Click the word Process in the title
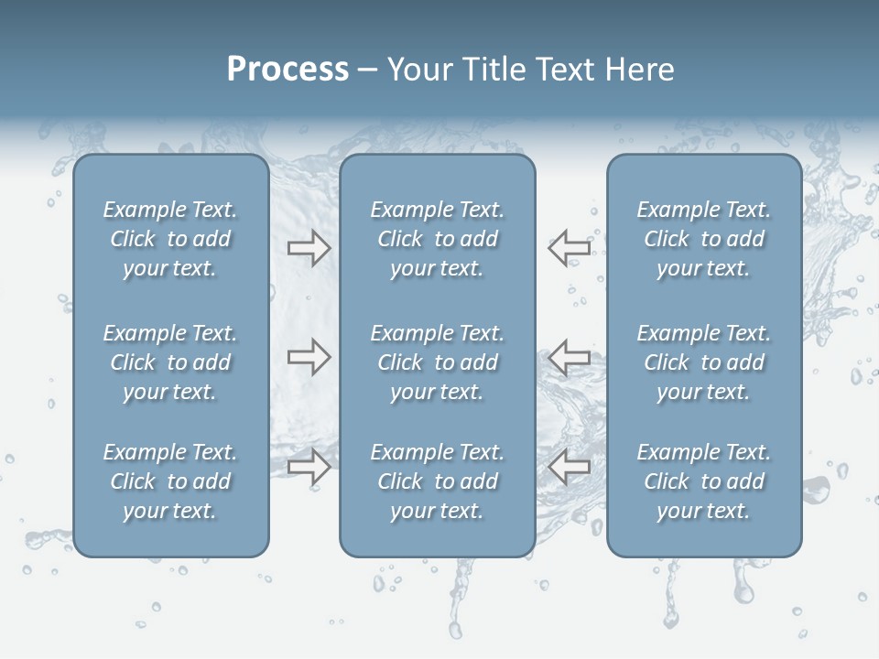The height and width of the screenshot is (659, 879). (x=288, y=70)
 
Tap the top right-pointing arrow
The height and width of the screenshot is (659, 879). (x=309, y=247)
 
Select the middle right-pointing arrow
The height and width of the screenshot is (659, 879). (x=309, y=357)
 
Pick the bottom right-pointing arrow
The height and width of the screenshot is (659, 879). (x=309, y=467)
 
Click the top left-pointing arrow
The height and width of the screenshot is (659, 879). (x=570, y=247)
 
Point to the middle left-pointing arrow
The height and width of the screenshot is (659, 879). (x=570, y=357)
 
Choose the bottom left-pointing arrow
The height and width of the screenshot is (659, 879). (x=570, y=467)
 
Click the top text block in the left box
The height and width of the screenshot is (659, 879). (x=170, y=239)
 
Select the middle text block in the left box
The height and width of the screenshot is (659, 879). (x=170, y=362)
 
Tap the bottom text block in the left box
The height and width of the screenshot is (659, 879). (x=170, y=481)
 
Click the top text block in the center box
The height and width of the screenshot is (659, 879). (x=437, y=239)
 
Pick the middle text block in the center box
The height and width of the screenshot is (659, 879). (x=437, y=362)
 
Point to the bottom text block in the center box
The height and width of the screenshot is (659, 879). (x=437, y=481)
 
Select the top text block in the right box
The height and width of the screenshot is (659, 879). (x=703, y=239)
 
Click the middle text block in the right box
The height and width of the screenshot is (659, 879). (x=703, y=362)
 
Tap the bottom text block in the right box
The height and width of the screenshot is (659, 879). (x=703, y=481)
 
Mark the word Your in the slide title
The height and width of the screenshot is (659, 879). (x=418, y=70)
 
